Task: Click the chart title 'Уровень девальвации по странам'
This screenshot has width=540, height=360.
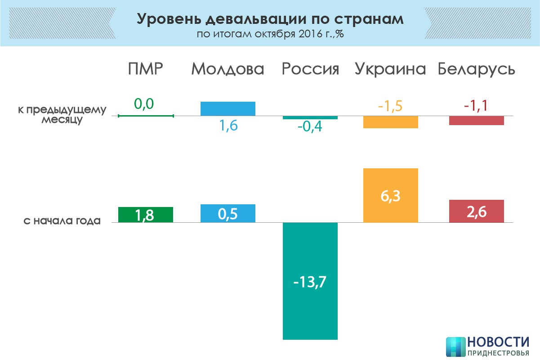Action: [x=270, y=19]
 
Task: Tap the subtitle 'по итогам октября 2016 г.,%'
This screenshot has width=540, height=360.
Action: [x=270, y=35]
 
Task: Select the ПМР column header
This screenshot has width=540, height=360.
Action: [x=145, y=69]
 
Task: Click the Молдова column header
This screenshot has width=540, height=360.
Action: [x=228, y=69]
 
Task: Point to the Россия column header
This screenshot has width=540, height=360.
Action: [x=310, y=69]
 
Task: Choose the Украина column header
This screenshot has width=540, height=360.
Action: [x=390, y=69]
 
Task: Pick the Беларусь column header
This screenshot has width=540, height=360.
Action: [x=477, y=69]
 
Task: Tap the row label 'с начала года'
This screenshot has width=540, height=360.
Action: [x=62, y=221]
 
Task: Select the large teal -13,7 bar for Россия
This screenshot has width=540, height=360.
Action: [x=310, y=281]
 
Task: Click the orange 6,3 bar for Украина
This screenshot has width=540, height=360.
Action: [x=391, y=195]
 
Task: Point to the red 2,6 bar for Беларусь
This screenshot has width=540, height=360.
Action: [x=477, y=211]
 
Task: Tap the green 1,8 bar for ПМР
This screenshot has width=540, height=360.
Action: [x=146, y=215]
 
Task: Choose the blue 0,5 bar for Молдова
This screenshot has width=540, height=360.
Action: [x=228, y=213]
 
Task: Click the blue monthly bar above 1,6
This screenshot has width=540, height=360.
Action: [x=228, y=108]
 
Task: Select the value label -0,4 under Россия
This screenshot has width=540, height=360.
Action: [x=310, y=127]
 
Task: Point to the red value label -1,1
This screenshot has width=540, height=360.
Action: [x=476, y=106]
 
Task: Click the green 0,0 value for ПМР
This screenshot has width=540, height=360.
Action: [x=144, y=104]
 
